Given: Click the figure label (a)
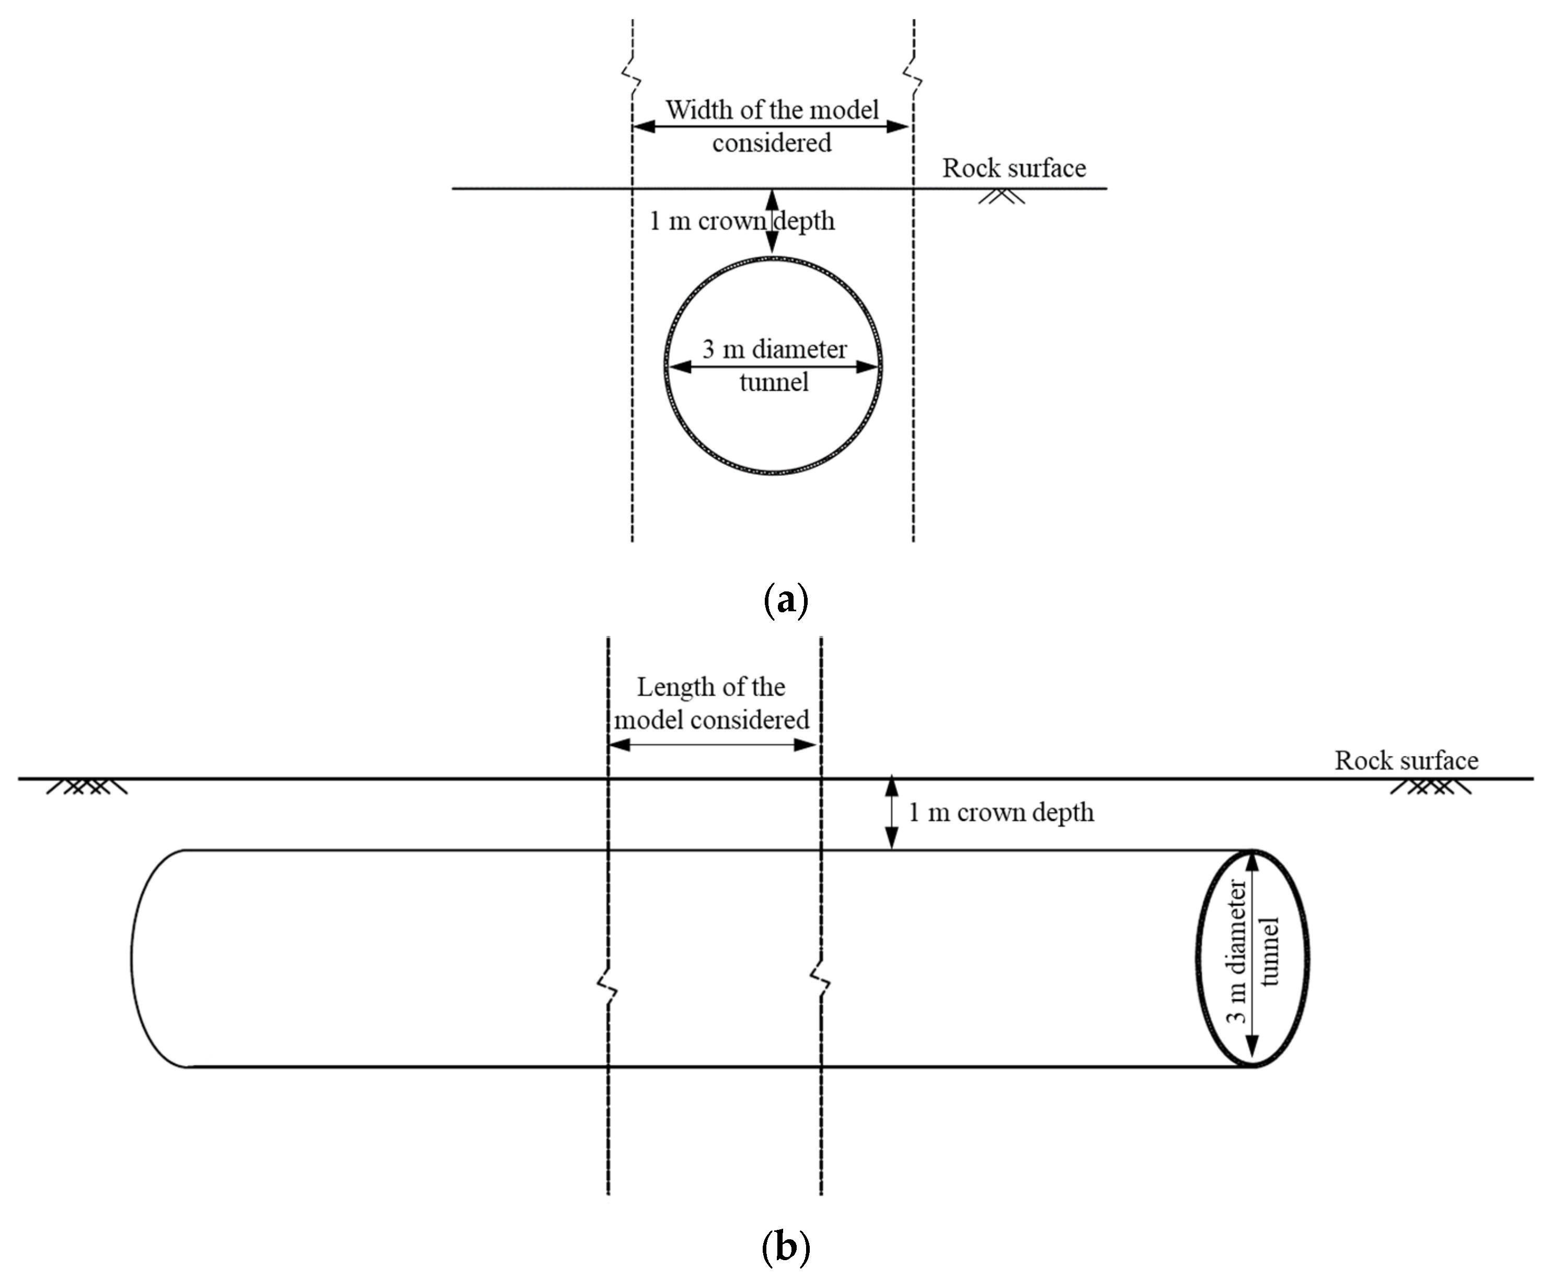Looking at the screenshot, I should [x=786, y=600].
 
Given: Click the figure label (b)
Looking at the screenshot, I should [x=786, y=1247].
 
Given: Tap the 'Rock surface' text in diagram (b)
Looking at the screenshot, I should [x=1406, y=760].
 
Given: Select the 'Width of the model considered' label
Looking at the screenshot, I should [x=772, y=126].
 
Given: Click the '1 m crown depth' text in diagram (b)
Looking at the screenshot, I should [x=1001, y=812].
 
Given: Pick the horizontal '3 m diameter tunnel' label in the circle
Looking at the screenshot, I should [x=774, y=364].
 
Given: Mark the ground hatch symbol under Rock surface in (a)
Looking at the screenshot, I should [x=1001, y=197].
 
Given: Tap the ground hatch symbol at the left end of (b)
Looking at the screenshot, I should [x=87, y=787].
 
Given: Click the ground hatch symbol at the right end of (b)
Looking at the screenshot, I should [x=1430, y=787].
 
